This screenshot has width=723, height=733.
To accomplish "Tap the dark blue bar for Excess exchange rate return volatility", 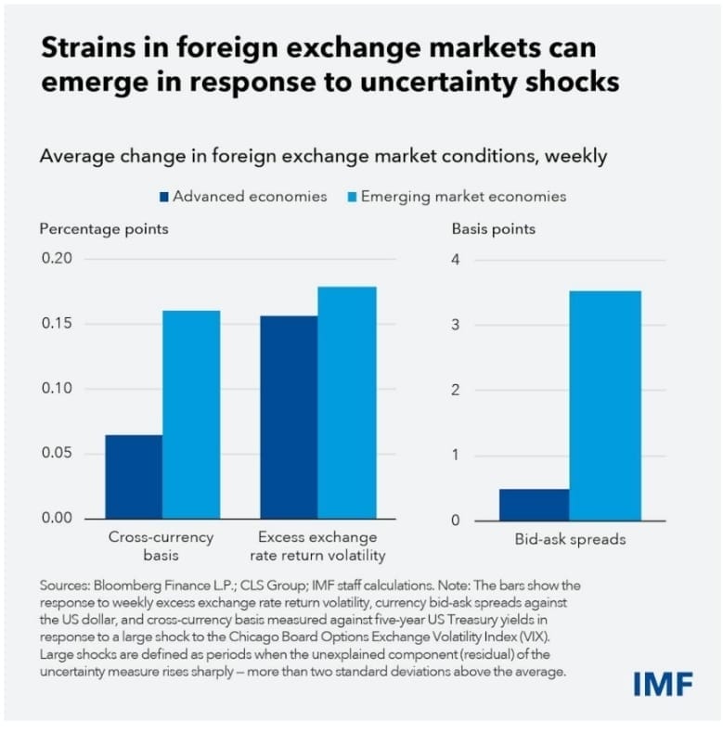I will [x=289, y=417].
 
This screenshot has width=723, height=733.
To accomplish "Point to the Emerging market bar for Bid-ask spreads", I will [x=604, y=405].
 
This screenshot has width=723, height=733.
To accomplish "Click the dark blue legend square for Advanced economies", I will [x=165, y=197].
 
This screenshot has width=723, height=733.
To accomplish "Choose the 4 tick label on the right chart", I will [x=455, y=260].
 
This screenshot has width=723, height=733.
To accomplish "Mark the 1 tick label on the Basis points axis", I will [x=455, y=456].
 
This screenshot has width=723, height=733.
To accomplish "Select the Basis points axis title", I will [x=493, y=228].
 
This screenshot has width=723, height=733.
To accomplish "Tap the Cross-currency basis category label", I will [x=161, y=546].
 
